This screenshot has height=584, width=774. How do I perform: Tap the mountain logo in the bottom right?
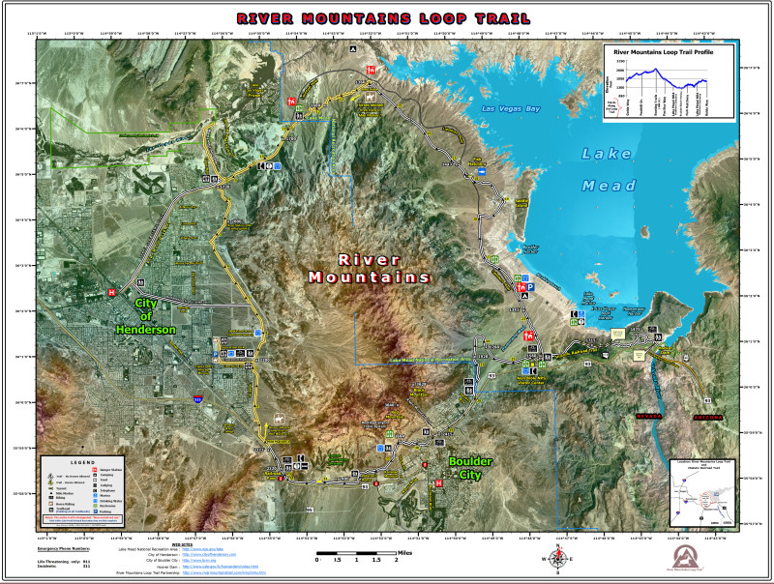[690, 555]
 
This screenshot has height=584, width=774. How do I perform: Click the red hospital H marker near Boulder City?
[439, 482]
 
